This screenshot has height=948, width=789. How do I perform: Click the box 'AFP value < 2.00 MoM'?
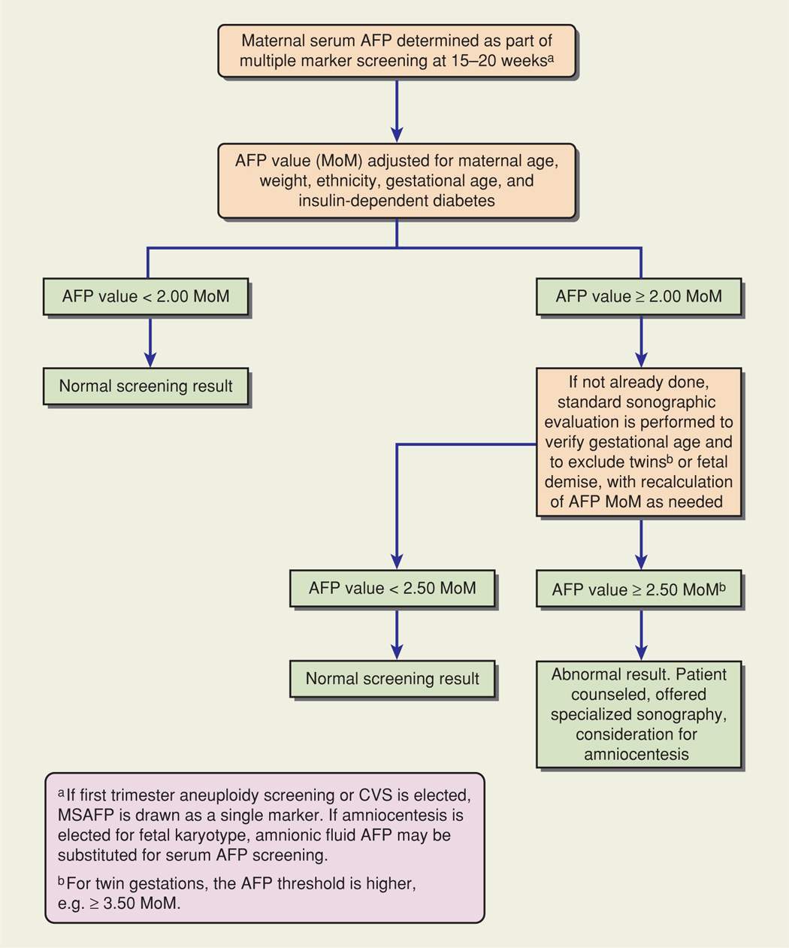click(x=146, y=296)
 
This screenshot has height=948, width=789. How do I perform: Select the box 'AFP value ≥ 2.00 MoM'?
click(x=639, y=296)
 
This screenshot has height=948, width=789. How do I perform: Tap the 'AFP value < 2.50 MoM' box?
click(x=392, y=588)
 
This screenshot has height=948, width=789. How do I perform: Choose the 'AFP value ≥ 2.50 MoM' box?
click(x=639, y=589)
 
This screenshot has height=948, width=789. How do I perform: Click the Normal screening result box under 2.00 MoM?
click(x=146, y=386)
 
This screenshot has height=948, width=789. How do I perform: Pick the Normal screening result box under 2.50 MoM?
click(x=392, y=679)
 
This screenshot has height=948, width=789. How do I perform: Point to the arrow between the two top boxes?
click(x=396, y=110)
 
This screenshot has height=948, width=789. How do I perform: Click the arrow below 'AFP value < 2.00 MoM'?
click(x=150, y=341)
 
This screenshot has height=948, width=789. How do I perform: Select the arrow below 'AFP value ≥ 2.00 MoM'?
click(x=641, y=341)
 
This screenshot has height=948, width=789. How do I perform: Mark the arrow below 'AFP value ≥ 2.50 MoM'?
click(x=641, y=635)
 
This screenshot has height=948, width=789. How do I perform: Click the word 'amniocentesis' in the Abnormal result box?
click(x=636, y=754)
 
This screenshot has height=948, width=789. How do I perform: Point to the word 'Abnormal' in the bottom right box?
click(x=584, y=674)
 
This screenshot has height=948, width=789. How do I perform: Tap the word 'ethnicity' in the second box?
click(x=348, y=181)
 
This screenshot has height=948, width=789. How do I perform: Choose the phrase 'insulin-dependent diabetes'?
click(x=397, y=201)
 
